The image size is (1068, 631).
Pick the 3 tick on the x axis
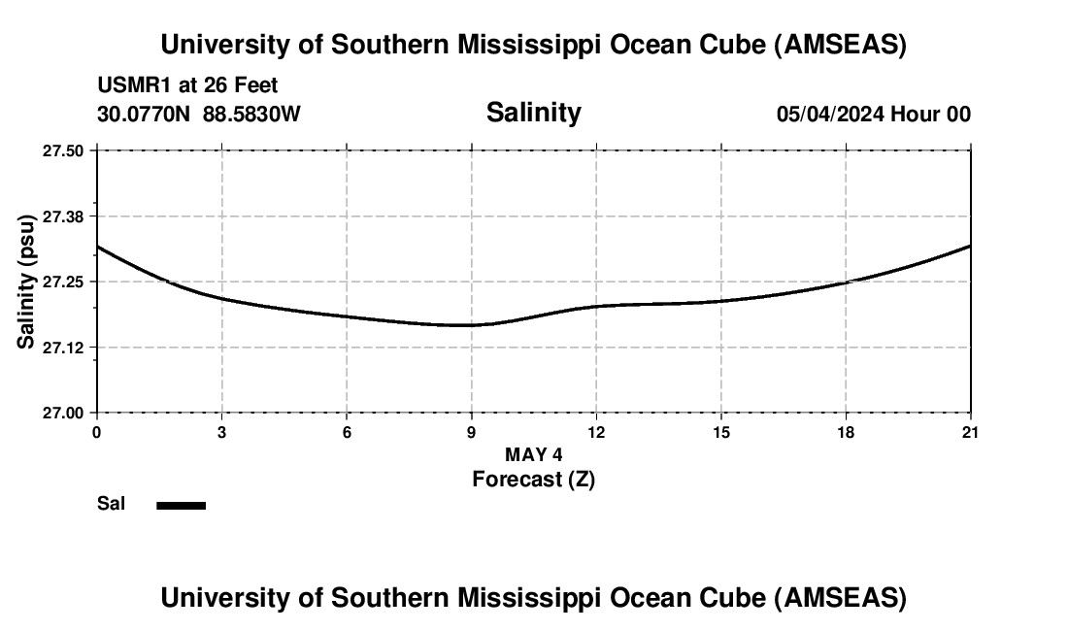pyautogui.click(x=222, y=432)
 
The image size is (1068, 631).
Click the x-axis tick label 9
pyautogui.click(x=472, y=432)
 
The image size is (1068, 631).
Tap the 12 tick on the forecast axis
pyautogui.click(x=596, y=432)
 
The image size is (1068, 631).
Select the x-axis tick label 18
pyautogui.click(x=847, y=432)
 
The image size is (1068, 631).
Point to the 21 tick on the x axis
pyautogui.click(x=971, y=432)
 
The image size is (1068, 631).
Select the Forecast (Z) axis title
pyautogui.click(x=533, y=480)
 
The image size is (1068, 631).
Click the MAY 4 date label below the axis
pyautogui.click(x=533, y=454)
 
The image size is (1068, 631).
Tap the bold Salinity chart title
pyautogui.click(x=533, y=113)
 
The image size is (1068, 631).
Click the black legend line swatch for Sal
pyautogui.click(x=181, y=505)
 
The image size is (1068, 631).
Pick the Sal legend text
pyautogui.click(x=111, y=504)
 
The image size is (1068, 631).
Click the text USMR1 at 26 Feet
pyautogui.click(x=187, y=86)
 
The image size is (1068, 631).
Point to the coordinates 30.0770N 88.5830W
pyautogui.click(x=198, y=114)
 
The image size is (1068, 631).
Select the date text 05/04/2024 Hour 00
pyautogui.click(x=873, y=115)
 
